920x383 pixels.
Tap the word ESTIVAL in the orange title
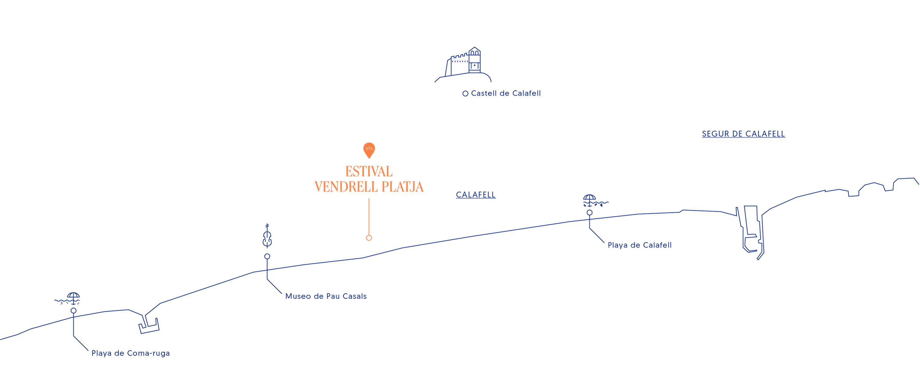click(369, 172)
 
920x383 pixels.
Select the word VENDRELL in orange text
click(346, 187)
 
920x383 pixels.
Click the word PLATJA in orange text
click(402, 187)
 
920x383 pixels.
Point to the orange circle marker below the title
click(369, 238)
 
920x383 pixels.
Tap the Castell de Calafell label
click(505, 93)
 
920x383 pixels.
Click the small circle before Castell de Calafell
click(465, 93)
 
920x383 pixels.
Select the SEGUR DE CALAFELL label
click(743, 134)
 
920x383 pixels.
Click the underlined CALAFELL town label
click(475, 195)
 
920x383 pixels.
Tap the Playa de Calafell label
click(639, 245)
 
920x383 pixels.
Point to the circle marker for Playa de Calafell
click(589, 213)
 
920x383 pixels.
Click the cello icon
click(267, 236)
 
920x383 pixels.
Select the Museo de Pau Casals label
click(326, 296)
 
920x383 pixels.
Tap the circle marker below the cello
click(267, 256)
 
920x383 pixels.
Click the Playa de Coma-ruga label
click(130, 353)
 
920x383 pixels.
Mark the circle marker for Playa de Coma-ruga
click(73, 311)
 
